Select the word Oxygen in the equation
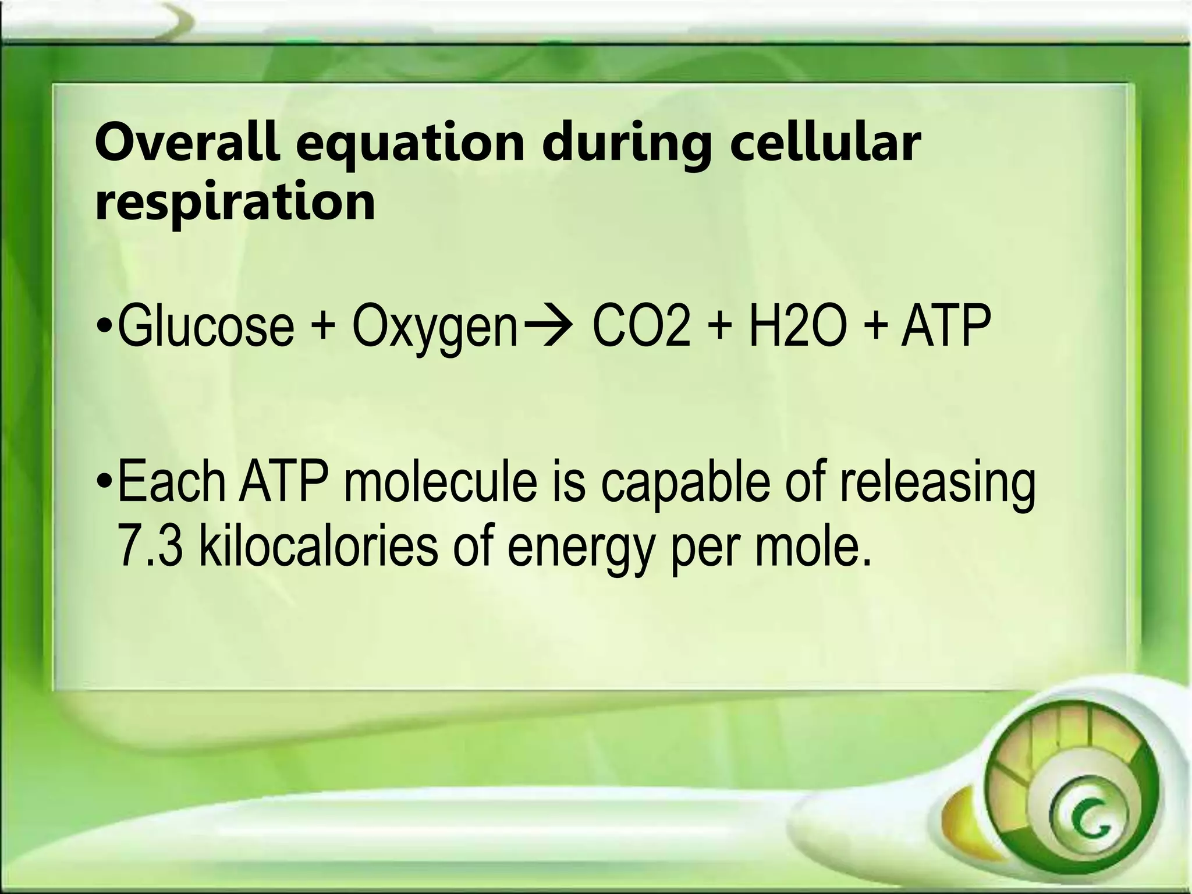pyautogui.click(x=434, y=329)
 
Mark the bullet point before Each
pyautogui.click(x=104, y=484)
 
